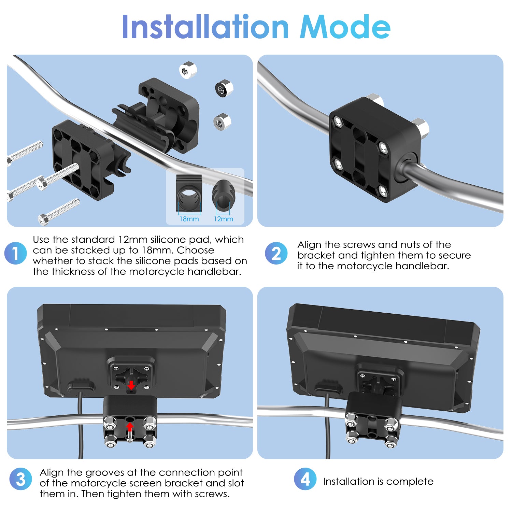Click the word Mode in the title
point(345,27)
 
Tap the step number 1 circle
point(15,253)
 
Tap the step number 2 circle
point(276,253)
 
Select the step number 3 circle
point(20,479)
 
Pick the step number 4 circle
point(305,479)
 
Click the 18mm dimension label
point(189,219)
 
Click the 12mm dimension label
point(224,219)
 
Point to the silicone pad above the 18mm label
point(189,194)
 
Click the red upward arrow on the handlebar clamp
point(130,427)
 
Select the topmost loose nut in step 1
point(188,70)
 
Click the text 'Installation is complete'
point(378,481)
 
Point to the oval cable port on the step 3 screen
point(81,387)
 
